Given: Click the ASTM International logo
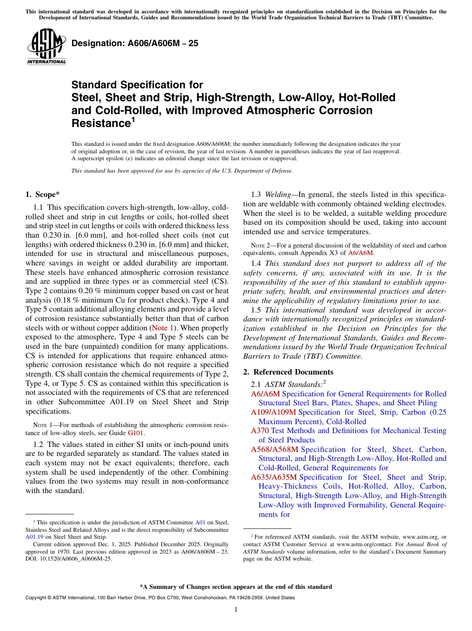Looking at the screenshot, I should pos(46,48).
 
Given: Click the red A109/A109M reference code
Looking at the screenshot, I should pos(273,412).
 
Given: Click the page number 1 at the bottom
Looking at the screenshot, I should pos(236,609).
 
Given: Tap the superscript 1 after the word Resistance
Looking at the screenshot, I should pos(133,120).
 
